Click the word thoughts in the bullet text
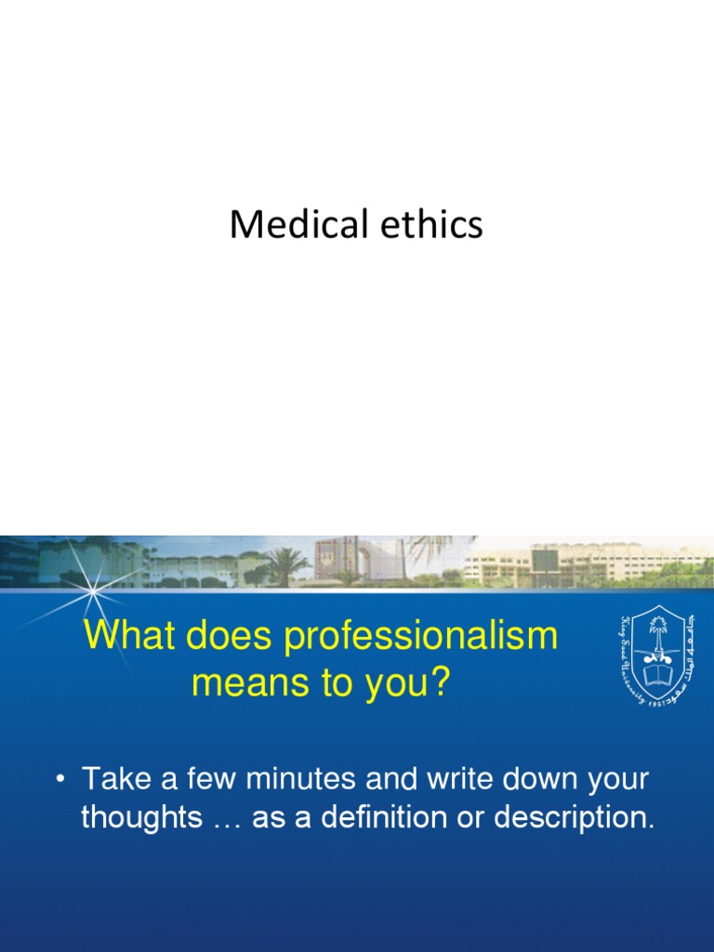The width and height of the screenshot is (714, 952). point(141,818)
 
